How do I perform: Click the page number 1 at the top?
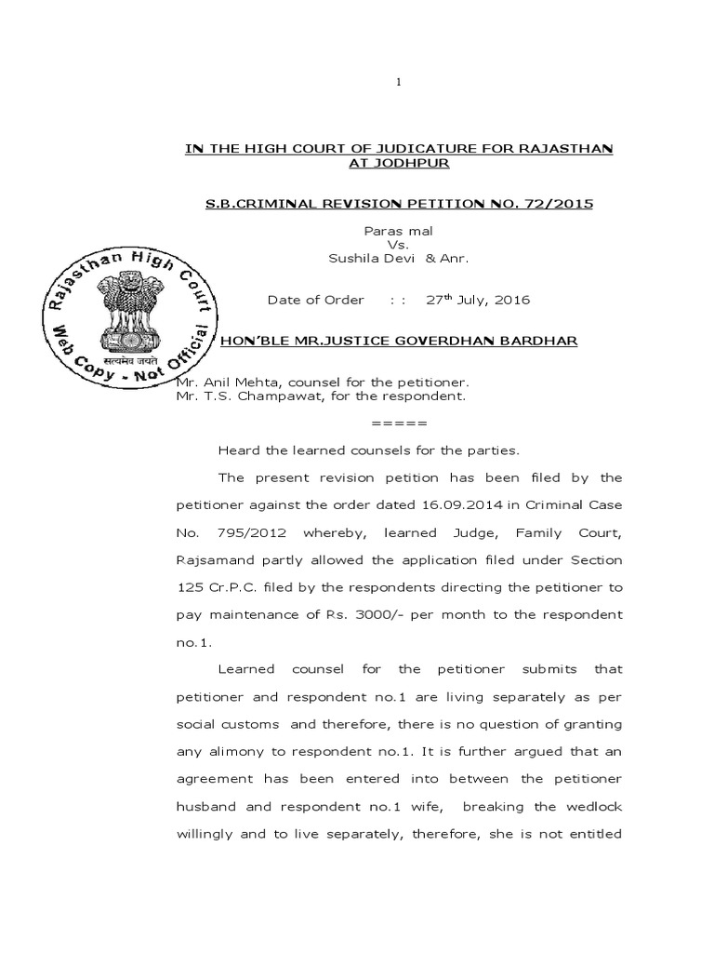click(398, 83)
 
